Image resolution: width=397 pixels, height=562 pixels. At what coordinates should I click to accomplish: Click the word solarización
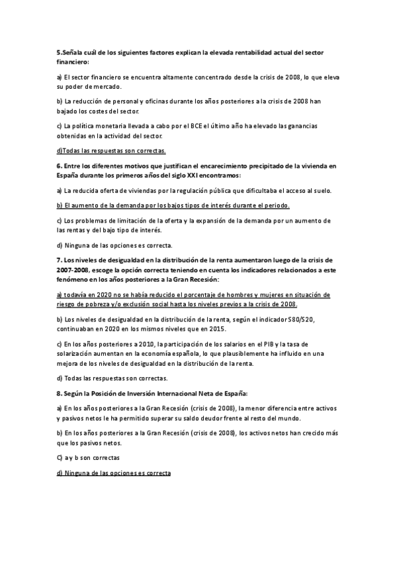tap(78, 353)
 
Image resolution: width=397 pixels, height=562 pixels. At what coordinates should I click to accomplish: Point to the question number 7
tap(58, 260)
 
